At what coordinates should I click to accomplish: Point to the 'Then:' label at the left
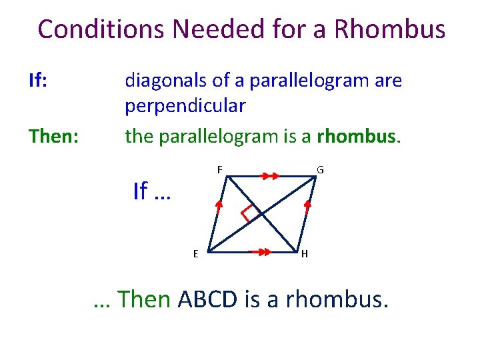[x=53, y=136]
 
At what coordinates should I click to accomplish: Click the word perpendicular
[x=185, y=105]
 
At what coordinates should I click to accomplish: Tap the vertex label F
[x=219, y=169]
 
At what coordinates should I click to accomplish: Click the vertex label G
[x=320, y=170]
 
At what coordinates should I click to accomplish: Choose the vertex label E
[x=195, y=253]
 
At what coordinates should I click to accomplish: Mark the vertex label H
[x=304, y=254]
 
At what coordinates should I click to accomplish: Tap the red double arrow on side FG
[x=269, y=175]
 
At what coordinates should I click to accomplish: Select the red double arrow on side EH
[x=260, y=252]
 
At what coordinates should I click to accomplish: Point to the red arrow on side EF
[x=216, y=208]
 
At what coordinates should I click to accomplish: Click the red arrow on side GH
[x=308, y=207]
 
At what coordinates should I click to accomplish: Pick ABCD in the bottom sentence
[x=207, y=299]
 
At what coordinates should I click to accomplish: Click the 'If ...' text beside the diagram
[x=152, y=191]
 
